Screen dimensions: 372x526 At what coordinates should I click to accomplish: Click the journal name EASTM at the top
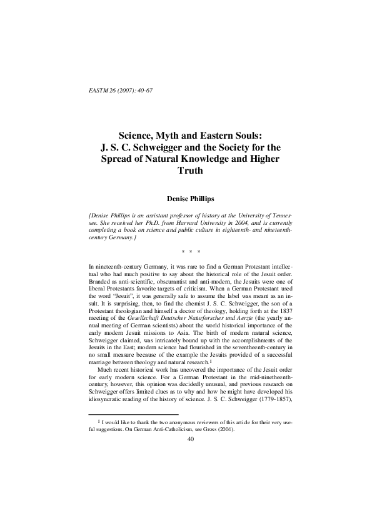point(99,91)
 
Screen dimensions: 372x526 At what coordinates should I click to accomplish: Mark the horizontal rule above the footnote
point(133,449)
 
